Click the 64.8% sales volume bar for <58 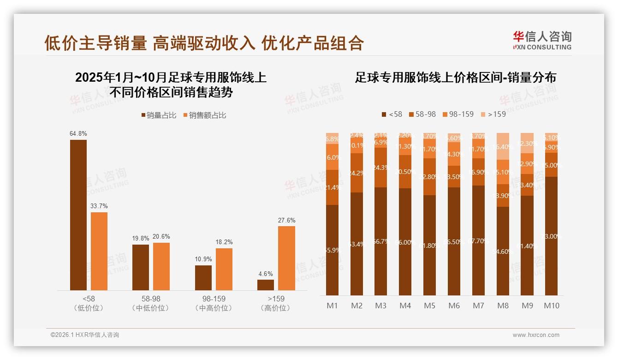point(78,215)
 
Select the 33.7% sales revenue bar point(99,251)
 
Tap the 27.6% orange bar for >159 point(286,258)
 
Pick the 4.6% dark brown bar point(266,285)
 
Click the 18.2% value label point(224,242)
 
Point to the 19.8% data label point(141,238)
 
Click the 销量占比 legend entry point(159,115)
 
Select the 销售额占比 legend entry point(205,115)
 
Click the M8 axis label point(503,306)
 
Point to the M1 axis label point(332,306)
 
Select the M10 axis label point(551,306)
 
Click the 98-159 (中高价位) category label point(214,303)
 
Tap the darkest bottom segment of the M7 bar point(478,240)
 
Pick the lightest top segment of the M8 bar point(503,146)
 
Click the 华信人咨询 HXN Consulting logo point(542,40)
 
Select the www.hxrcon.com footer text point(536,335)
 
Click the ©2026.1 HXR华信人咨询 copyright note point(85,335)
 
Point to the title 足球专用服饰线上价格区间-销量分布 point(455,78)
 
